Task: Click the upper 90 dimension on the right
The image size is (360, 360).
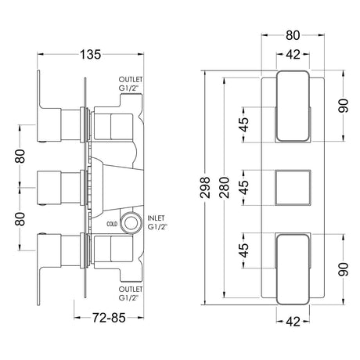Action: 341,106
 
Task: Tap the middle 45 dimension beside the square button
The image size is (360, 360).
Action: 244,187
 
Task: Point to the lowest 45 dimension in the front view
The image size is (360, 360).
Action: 244,250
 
